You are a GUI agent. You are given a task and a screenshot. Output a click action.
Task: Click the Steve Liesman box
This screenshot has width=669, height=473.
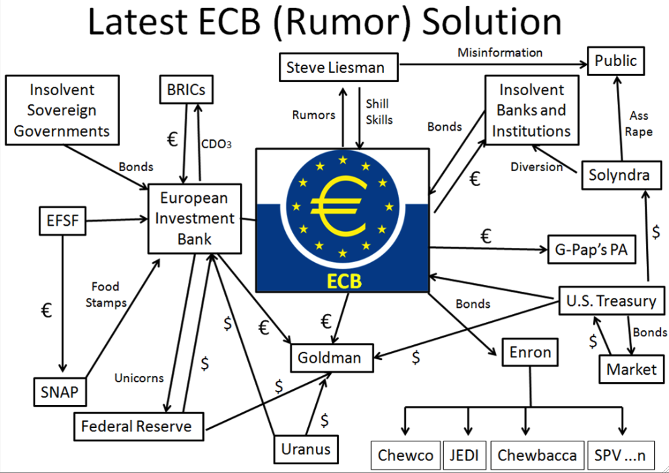[335, 67]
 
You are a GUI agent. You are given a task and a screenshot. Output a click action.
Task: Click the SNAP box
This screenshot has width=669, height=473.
[60, 391]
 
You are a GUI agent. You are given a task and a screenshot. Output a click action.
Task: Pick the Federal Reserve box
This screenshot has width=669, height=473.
[136, 426]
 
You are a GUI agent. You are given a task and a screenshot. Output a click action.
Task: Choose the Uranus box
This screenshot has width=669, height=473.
[306, 449]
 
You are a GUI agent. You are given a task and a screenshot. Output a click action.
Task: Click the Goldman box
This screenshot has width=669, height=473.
[329, 357]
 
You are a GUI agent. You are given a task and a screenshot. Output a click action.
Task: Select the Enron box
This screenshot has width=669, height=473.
[530, 352]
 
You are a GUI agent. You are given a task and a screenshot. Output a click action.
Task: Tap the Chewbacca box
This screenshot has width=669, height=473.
[537, 455]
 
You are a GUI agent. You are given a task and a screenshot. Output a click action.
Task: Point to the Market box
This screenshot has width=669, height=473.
[631, 369]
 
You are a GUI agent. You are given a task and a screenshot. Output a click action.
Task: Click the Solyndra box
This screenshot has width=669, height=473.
[619, 175]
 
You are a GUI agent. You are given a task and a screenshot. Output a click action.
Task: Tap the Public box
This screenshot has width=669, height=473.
[615, 61]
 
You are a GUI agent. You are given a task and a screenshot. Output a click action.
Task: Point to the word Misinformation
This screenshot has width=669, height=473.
[500, 52]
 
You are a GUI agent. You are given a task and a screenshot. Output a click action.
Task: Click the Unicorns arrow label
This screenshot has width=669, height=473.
[139, 378]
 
